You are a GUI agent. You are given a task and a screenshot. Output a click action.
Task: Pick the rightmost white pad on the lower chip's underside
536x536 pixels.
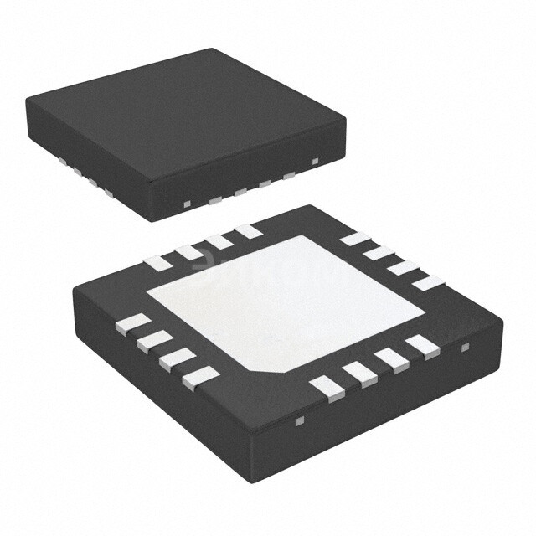click(428, 283)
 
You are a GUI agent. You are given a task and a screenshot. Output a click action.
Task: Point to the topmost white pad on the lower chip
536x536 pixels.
click(247, 230)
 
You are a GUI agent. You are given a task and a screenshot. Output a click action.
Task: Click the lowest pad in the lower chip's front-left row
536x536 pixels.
click(200, 378)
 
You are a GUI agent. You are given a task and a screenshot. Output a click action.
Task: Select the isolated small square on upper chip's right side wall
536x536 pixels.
click(315, 161)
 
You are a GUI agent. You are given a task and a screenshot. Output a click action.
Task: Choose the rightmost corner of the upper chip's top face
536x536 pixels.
click(345, 118)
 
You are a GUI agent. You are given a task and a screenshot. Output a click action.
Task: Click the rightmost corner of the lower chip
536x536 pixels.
click(503, 318)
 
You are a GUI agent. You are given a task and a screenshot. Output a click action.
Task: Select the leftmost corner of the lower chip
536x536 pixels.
click(74, 289)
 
